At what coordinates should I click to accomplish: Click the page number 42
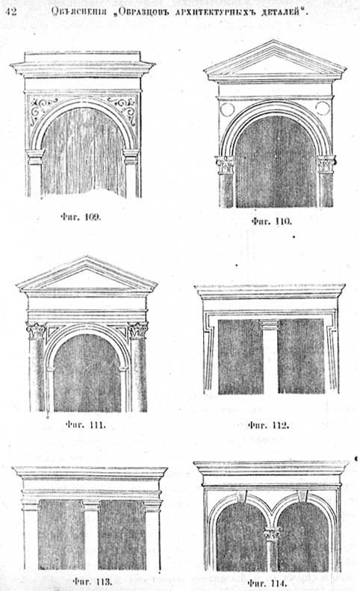11,11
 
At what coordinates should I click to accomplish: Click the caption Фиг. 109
81,217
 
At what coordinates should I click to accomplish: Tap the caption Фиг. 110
271,221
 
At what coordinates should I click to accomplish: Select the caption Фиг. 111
86,425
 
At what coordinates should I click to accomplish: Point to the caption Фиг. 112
268,426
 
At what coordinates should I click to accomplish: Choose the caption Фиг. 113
93,581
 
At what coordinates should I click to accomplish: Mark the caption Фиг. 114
267,584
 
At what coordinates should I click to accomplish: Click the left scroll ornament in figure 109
43,108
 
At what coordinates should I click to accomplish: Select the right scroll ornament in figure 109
123,109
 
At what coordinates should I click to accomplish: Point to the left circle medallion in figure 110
227,109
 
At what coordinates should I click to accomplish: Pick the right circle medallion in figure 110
323,108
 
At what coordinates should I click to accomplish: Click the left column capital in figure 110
225,165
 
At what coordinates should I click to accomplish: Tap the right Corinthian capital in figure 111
138,331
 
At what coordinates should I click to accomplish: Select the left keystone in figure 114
242,496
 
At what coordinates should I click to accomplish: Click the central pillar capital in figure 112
270,324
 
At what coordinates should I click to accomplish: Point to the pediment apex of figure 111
87,257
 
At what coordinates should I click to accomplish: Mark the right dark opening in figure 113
122,535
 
